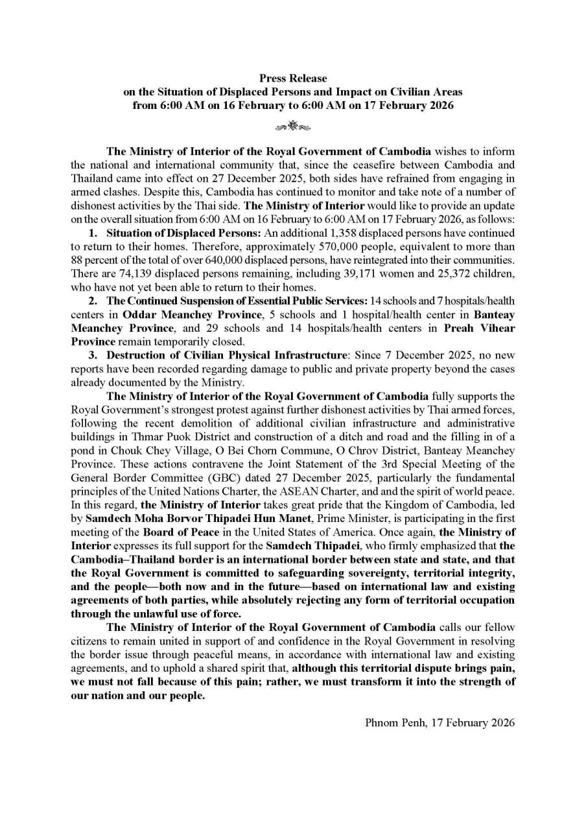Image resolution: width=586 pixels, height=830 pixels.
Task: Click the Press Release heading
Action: click(292, 79)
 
